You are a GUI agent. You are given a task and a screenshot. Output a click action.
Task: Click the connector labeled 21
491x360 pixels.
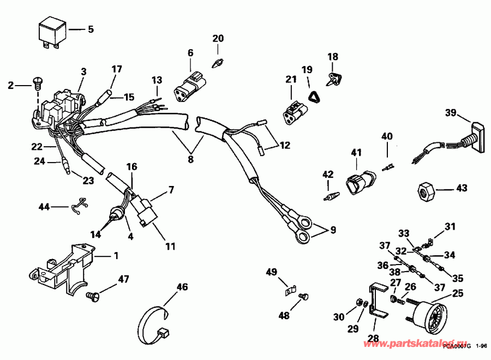295,109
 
